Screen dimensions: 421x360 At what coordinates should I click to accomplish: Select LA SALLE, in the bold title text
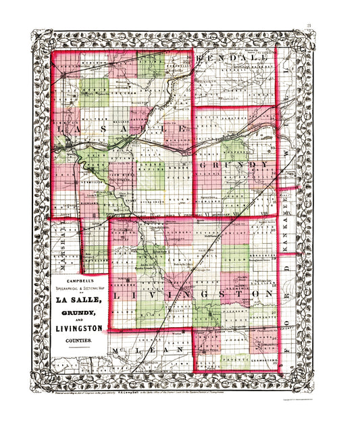tap(78, 300)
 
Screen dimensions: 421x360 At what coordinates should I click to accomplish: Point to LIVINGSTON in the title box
tap(78, 328)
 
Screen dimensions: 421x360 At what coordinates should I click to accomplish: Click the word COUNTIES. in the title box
tap(78, 343)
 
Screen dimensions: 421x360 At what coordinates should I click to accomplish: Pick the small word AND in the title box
tap(78, 321)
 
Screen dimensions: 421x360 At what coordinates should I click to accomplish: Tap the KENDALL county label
tap(233, 59)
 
